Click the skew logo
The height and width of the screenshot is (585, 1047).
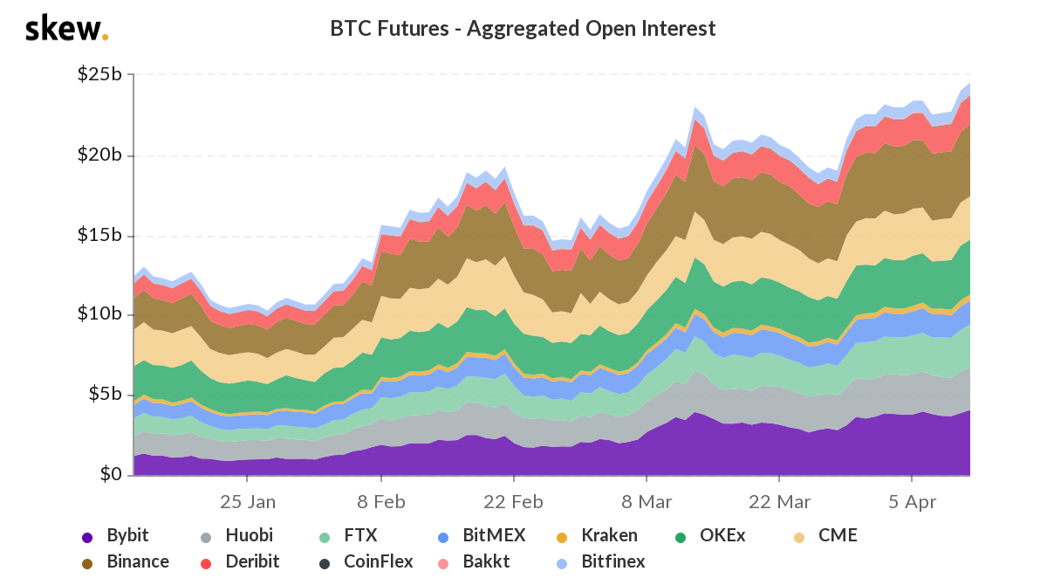point(66,29)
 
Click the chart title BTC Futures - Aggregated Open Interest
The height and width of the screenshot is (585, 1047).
point(523,29)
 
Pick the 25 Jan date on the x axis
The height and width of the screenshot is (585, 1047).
point(248,502)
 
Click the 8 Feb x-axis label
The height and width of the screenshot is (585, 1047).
point(381,502)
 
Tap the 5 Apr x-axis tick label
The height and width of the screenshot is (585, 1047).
point(912,502)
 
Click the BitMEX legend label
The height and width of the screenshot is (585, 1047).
point(476,535)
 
